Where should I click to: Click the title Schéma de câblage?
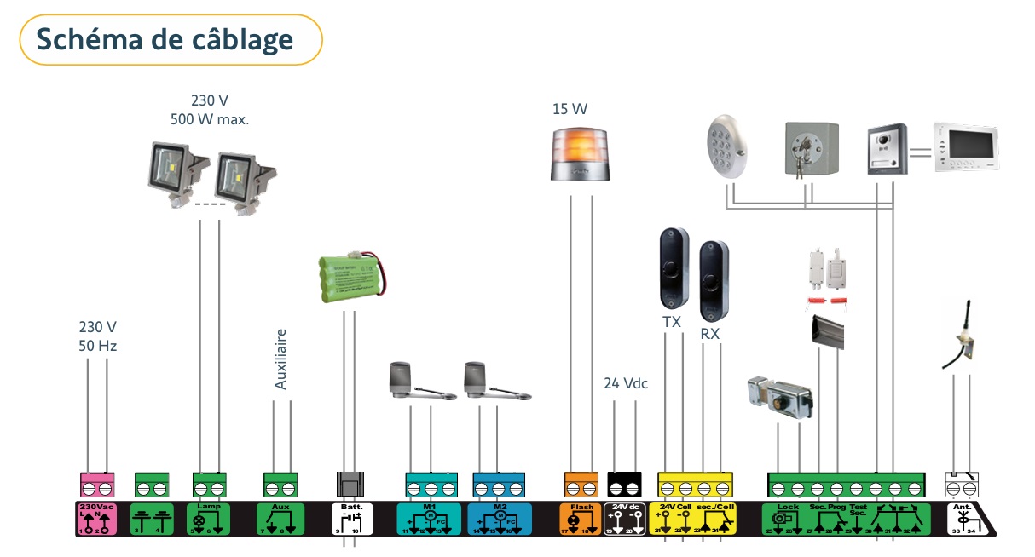[x=165, y=39]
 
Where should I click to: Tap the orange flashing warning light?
[x=580, y=153]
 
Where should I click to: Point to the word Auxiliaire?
[x=281, y=359]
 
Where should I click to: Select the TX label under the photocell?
[x=672, y=322]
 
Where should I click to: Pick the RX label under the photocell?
[x=710, y=334]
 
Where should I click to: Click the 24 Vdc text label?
[x=626, y=383]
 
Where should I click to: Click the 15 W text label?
[x=570, y=109]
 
